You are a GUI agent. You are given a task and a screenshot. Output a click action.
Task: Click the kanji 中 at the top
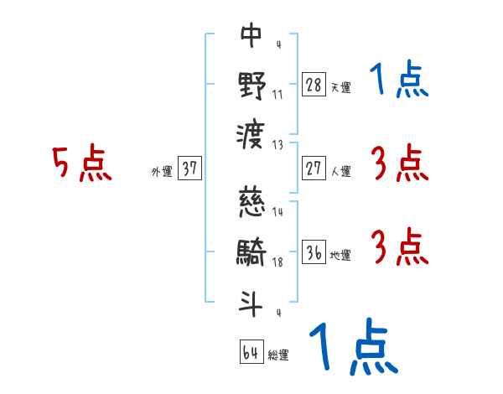[251, 35]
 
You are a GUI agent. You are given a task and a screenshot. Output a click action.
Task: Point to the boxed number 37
[189, 168]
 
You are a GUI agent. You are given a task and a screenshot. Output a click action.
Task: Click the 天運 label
[340, 87]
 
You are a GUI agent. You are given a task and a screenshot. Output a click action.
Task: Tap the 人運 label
[340, 171]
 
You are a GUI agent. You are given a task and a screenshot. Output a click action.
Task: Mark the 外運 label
[161, 171]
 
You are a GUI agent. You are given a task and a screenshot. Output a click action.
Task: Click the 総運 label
[278, 355]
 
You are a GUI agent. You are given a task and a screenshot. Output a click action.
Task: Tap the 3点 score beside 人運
[399, 163]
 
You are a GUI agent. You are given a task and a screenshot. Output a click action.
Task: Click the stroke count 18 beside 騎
[277, 262]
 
